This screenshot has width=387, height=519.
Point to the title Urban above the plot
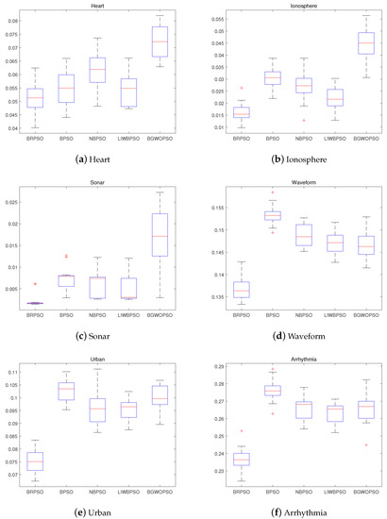coord(98,360)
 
